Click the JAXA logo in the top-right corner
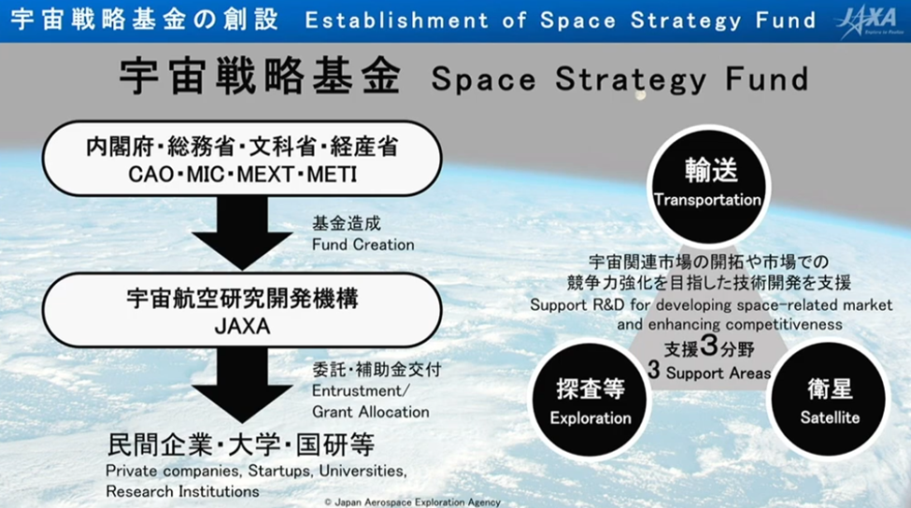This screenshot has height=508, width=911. [869, 21]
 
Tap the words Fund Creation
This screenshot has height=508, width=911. [363, 245]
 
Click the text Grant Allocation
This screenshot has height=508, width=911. [370, 412]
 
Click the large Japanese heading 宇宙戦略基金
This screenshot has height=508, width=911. [260, 78]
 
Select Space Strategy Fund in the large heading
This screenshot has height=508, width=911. [619, 79]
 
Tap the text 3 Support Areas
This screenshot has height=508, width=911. [710, 373]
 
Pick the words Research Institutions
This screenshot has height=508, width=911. [182, 490]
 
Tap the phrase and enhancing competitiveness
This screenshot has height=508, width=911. [730, 324]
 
